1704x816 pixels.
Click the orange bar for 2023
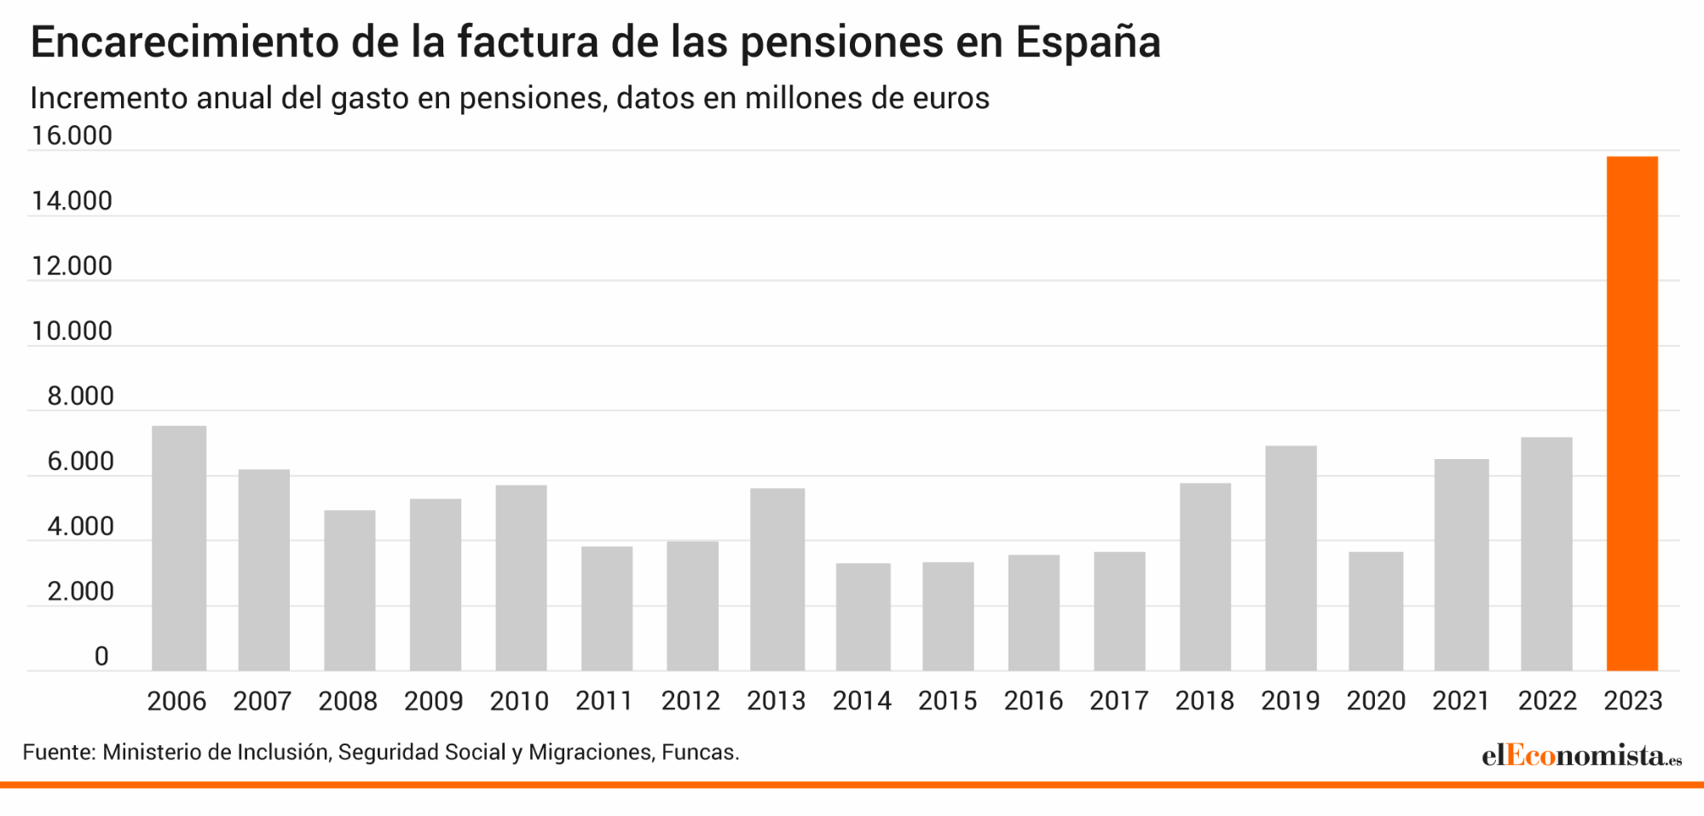[x=1632, y=414]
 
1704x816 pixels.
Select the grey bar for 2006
[x=179, y=549]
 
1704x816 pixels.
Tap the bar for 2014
[x=863, y=617]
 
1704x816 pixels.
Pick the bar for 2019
[x=1291, y=558]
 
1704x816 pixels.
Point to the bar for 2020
[x=1376, y=612]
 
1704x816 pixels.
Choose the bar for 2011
[x=607, y=608]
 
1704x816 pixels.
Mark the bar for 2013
[x=777, y=579]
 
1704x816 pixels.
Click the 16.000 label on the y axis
[x=72, y=135]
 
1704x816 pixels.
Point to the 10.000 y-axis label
[x=72, y=330]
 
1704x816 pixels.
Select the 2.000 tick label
[x=80, y=591]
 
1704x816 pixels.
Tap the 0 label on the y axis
[x=101, y=656]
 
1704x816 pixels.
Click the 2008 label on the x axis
[x=348, y=701]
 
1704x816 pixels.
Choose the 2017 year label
[x=1118, y=701]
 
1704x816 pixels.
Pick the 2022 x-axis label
[x=1547, y=701]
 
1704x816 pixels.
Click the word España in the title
[x=1088, y=43]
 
